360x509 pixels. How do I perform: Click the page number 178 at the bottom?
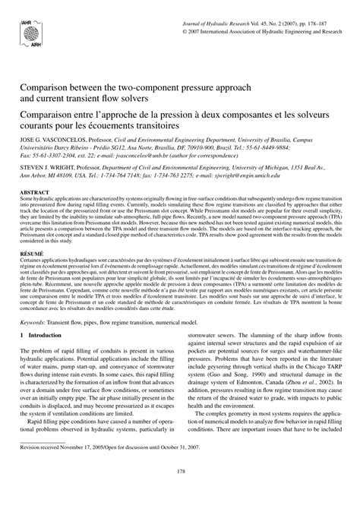179,493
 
